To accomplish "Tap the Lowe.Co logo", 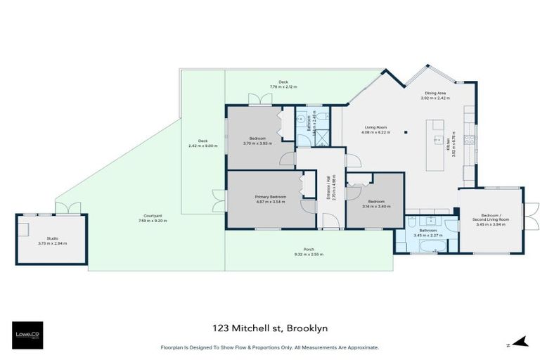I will point(29,335).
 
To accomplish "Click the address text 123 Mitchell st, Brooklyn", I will point(270,328).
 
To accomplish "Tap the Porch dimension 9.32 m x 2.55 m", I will point(309,254).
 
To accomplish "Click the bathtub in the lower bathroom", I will point(427,247).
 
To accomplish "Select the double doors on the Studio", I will point(67,208).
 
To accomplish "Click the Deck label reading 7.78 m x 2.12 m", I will point(283,84).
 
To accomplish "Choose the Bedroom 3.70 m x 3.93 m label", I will point(256,141).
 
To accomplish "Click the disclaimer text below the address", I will point(270,347).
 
